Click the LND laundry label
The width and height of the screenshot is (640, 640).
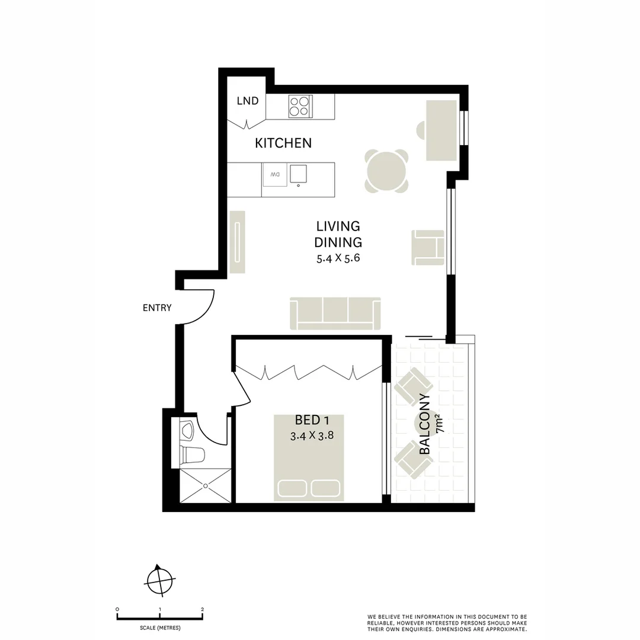(248, 101)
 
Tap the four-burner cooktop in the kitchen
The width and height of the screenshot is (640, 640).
(299, 106)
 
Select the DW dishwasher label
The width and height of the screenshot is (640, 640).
(275, 175)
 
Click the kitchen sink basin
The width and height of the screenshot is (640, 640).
(299, 173)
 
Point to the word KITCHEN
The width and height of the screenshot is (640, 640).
(283, 143)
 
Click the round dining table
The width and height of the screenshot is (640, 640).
(386, 172)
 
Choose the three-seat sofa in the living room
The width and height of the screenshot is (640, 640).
(335, 313)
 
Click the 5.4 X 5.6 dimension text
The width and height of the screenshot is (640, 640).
(338, 258)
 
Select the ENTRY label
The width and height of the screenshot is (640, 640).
(157, 308)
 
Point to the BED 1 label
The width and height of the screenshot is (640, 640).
(312, 421)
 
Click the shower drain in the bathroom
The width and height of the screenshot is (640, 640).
(205, 486)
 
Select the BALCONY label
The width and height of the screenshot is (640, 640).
(425, 424)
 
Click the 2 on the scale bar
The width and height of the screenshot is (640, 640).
(203, 609)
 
